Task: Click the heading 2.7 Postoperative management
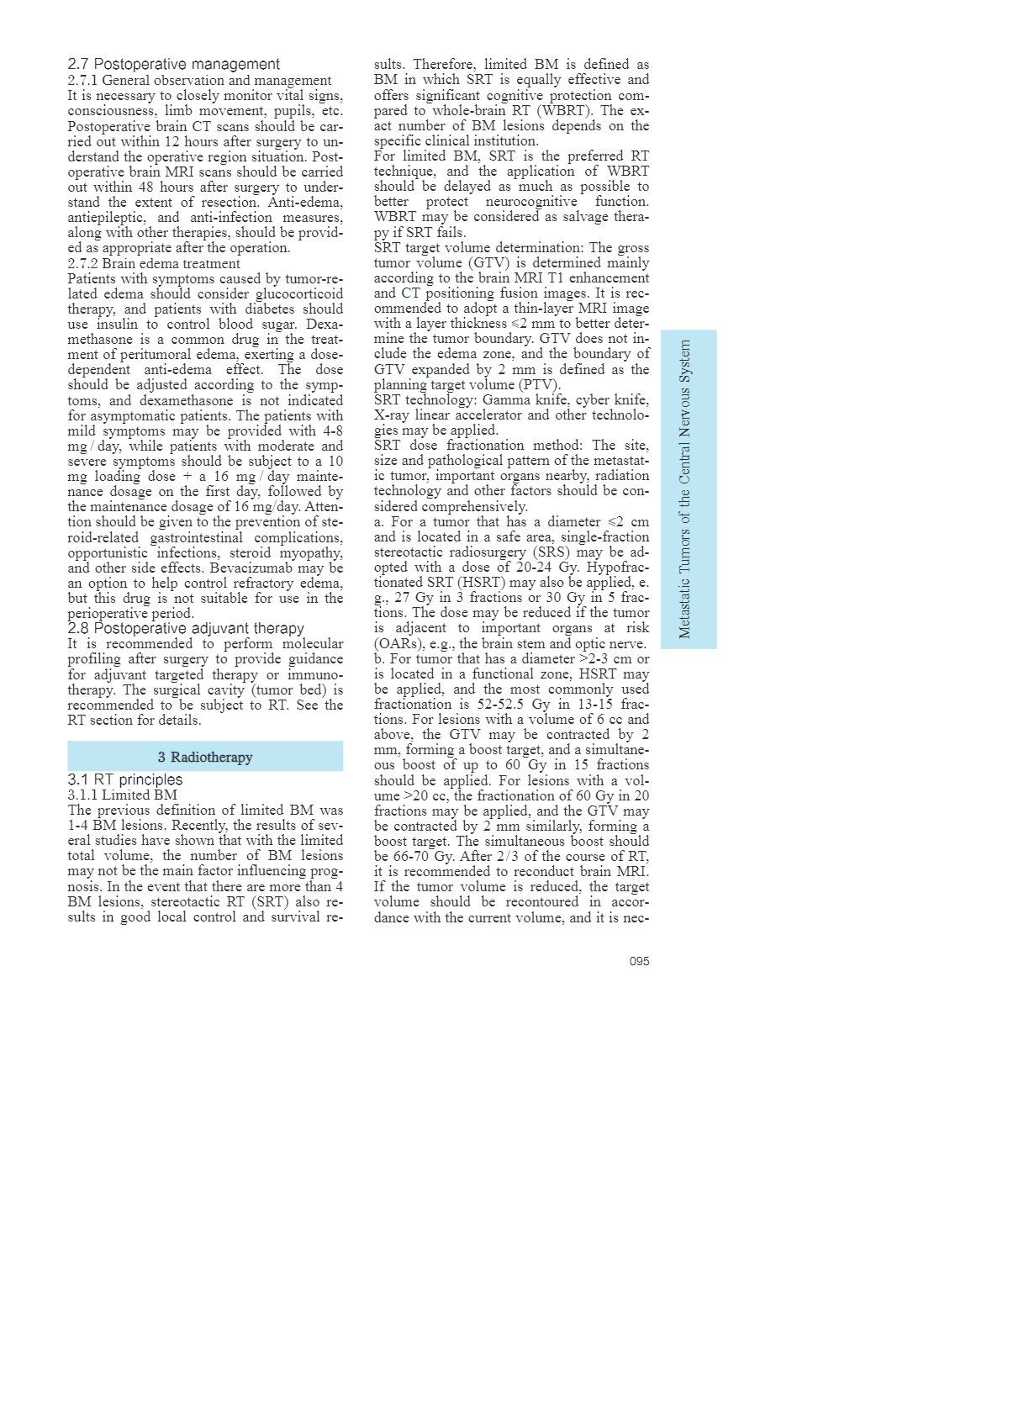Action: pyautogui.click(x=173, y=65)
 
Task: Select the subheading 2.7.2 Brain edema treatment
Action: pyautogui.click(x=154, y=263)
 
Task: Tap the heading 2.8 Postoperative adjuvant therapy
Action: pyautogui.click(x=186, y=628)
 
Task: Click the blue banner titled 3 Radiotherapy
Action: pyautogui.click(x=205, y=757)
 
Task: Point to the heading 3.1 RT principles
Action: pyautogui.click(x=124, y=779)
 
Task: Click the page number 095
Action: pyautogui.click(x=639, y=961)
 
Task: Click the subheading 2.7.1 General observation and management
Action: pyautogui.click(x=199, y=81)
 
